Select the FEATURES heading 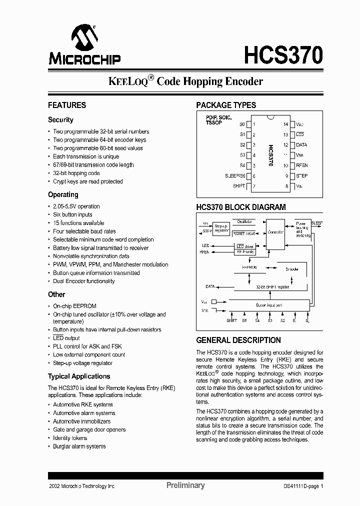(67, 105)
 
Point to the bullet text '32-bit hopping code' (76, 173)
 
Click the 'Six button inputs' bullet (72, 214)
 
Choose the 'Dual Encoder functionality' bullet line (83, 281)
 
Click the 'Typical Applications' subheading (79, 376)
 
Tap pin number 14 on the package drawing (286, 124)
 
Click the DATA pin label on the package (301, 145)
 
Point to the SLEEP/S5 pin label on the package (234, 176)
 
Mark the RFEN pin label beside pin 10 (302, 165)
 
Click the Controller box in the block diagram (275, 232)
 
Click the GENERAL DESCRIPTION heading (238, 340)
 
